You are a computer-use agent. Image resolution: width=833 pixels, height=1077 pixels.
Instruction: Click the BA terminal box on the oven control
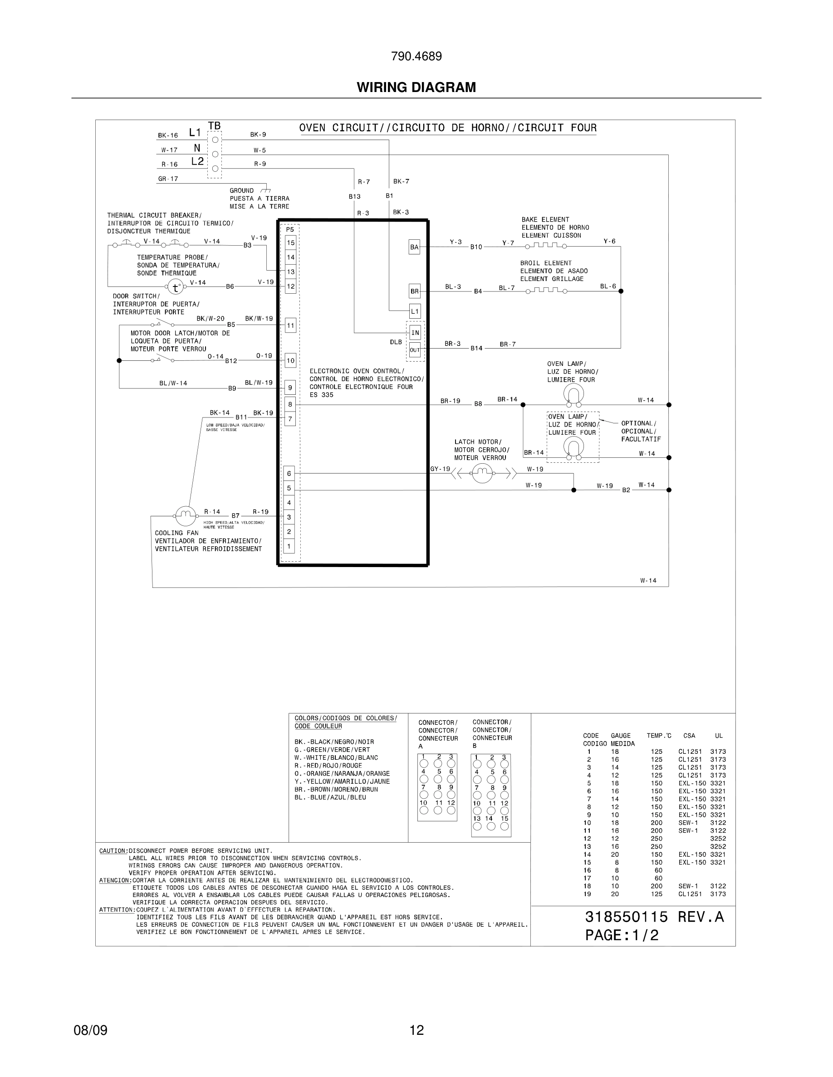pos(414,247)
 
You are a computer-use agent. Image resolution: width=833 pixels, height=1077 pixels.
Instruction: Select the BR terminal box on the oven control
pos(414,291)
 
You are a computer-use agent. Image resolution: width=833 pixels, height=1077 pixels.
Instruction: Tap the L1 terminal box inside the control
pos(415,311)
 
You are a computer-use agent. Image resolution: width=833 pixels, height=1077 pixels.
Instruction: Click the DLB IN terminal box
pos(415,333)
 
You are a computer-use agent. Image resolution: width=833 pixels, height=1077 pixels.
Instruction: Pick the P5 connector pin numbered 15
pos(291,243)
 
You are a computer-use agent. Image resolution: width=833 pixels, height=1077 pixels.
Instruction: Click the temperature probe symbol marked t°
pos(175,287)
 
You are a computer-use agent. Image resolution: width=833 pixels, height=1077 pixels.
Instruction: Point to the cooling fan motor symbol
pos(185,516)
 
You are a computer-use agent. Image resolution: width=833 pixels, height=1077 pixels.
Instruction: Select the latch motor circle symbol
pos(482,474)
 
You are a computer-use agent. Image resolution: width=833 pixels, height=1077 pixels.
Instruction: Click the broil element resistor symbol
pos(546,291)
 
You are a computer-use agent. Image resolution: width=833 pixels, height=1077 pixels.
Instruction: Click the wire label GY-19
pos(440,469)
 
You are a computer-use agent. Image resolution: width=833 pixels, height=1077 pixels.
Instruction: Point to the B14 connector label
pos(476,348)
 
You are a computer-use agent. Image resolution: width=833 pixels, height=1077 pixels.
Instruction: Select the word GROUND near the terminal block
pos(242,191)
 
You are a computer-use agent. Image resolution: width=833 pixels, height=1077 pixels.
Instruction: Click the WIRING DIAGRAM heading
pos(416,87)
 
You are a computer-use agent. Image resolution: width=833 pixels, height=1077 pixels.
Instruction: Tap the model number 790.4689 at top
pos(416,56)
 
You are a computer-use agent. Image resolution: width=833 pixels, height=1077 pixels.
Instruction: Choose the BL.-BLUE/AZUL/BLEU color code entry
pos(330,797)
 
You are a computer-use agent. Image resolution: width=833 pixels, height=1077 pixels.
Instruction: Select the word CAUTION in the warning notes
pos(113,851)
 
